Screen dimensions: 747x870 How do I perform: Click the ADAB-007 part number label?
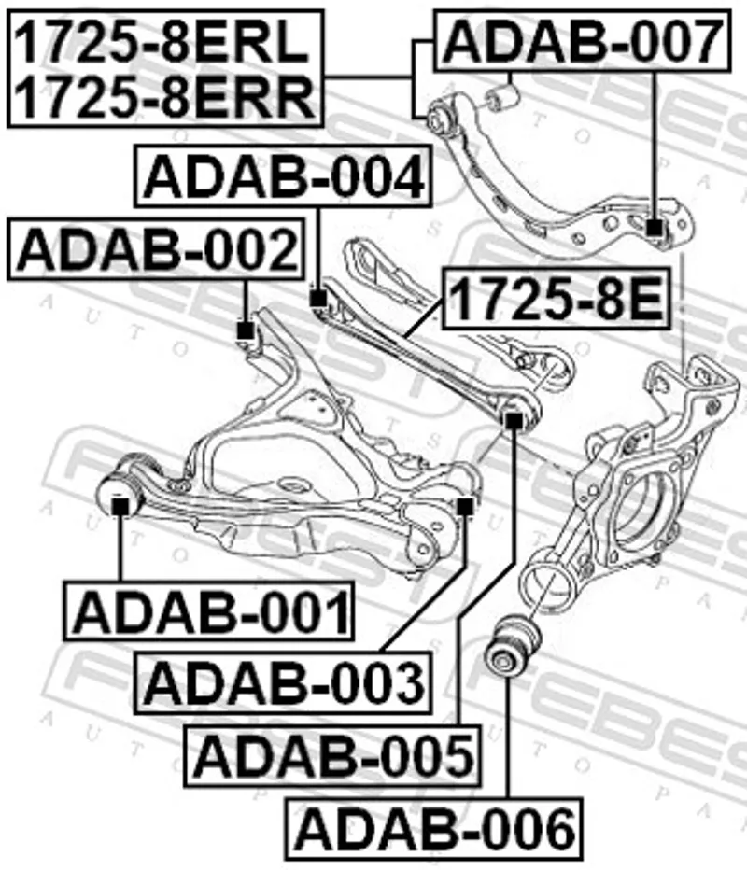[582, 40]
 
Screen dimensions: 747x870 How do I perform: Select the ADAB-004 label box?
[283, 175]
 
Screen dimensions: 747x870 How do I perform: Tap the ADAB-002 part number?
[156, 248]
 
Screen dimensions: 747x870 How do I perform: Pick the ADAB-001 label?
[209, 610]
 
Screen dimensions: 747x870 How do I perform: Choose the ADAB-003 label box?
[283, 681]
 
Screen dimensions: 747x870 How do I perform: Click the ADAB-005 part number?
[333, 755]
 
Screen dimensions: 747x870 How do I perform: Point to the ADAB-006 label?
[433, 828]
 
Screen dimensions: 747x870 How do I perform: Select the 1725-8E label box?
[557, 299]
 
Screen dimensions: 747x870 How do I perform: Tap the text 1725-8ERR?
[164, 96]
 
